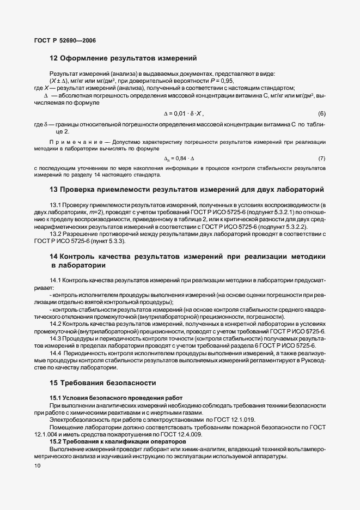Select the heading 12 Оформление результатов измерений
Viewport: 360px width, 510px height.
coord(123,58)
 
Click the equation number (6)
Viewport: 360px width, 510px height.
coord(321,113)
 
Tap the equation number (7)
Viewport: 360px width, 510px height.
coord(321,159)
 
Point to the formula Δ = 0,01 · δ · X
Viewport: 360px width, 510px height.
coord(184,113)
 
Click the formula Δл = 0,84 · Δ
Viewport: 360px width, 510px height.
coord(179,159)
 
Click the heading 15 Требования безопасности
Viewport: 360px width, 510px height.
coord(103,382)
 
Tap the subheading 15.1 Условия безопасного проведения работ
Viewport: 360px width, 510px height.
coord(116,398)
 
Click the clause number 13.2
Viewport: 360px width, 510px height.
coord(57,234)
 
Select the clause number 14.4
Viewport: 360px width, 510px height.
coord(57,353)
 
